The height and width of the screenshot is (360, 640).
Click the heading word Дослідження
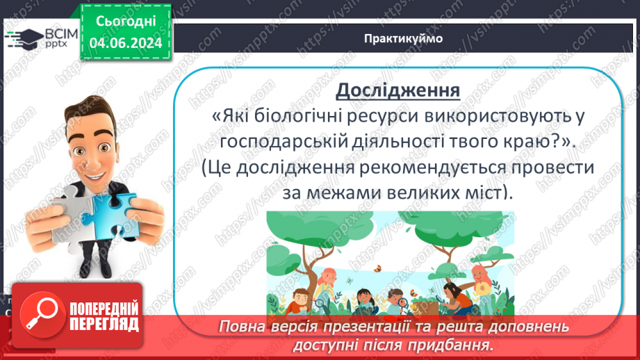[397, 90]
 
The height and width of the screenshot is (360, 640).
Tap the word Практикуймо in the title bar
[403, 38]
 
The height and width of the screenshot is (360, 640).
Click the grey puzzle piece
[76, 216]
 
